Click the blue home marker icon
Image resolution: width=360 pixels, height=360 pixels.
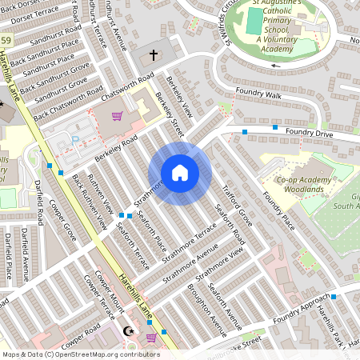point(180,173)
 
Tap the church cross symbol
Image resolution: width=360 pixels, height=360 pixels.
point(154,55)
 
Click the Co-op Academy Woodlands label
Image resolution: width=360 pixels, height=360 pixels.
point(303,185)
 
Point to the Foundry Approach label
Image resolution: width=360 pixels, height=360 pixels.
point(300,311)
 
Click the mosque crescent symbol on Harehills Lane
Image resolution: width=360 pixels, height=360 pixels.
point(132,330)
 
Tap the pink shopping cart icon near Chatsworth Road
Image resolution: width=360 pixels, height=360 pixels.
point(118,116)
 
